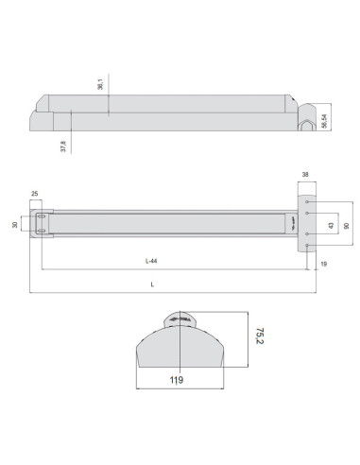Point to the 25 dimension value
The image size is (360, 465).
click(x=36, y=194)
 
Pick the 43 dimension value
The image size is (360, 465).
click(x=329, y=225)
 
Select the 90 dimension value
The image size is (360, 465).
click(x=347, y=225)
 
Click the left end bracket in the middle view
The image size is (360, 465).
click(x=43, y=225)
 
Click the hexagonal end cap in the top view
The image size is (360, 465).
click(x=306, y=121)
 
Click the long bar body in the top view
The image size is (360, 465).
click(x=161, y=109)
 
